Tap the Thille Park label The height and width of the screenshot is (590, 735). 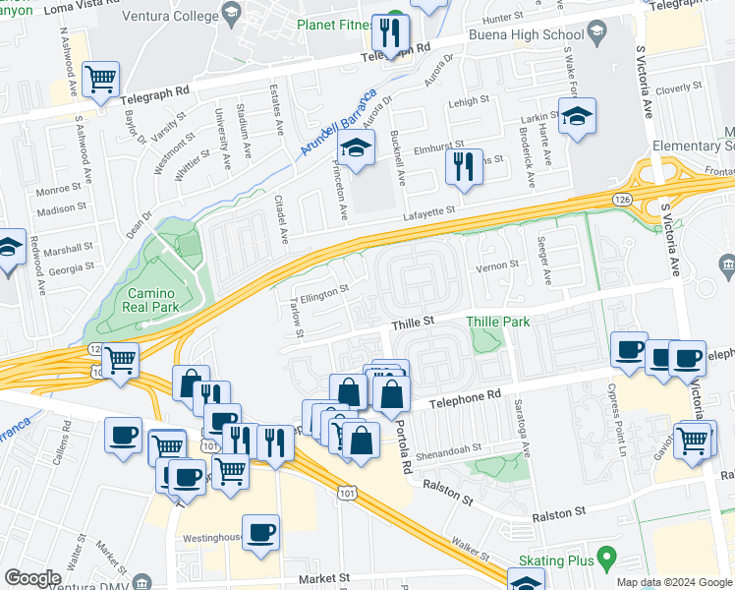(501, 322)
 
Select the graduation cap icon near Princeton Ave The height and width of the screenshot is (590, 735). (355, 149)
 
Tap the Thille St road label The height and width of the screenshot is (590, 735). (414, 321)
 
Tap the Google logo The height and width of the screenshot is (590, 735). (32, 578)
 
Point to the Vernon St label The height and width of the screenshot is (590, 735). (498, 265)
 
